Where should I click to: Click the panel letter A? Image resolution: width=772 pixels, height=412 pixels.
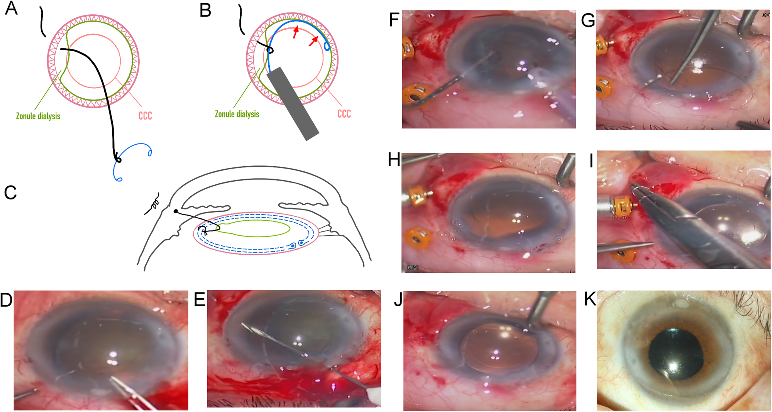click(x=11, y=8)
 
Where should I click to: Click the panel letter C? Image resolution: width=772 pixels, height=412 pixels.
click(x=10, y=192)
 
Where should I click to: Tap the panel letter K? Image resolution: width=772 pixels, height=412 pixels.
click(x=590, y=299)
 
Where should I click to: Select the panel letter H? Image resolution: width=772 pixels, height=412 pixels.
click(x=394, y=160)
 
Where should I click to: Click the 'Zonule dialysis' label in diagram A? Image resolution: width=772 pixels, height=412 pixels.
click(x=38, y=116)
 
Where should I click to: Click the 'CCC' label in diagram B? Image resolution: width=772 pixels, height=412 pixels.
click(x=344, y=114)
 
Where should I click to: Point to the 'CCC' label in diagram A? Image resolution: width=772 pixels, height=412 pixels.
click(x=145, y=116)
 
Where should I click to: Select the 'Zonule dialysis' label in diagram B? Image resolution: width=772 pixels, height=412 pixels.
click(x=237, y=114)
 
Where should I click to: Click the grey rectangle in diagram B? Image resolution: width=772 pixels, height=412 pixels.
click(x=293, y=103)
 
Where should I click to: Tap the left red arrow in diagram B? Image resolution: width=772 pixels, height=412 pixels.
click(x=295, y=32)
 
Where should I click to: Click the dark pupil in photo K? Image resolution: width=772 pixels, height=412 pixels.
click(x=675, y=355)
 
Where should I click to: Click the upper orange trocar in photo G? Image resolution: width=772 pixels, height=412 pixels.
click(x=603, y=46)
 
